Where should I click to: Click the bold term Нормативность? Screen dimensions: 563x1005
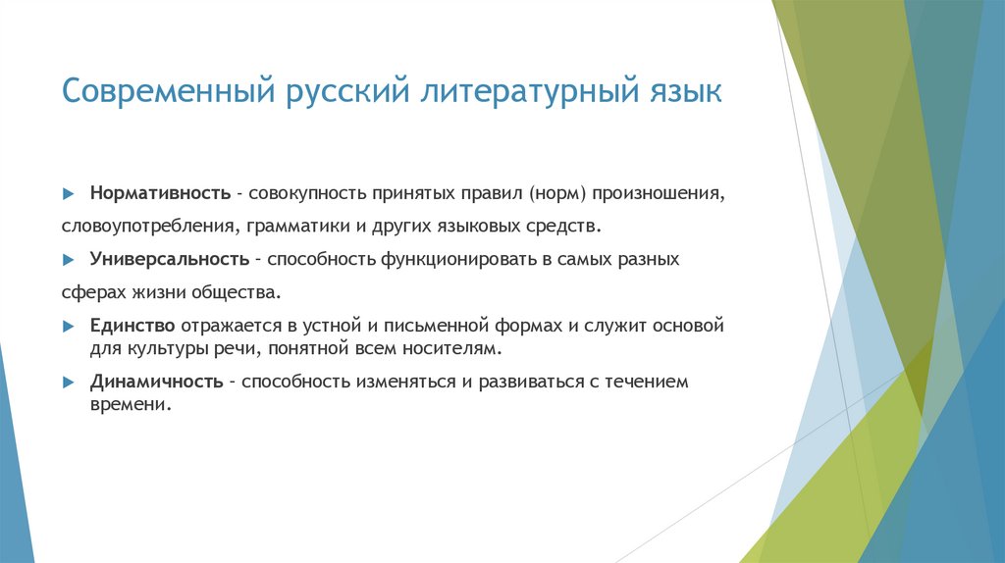click(160, 191)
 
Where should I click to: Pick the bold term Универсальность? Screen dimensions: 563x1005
click(168, 259)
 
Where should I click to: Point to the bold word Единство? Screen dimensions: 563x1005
click(132, 325)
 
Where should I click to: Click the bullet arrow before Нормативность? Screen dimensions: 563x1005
click(68, 192)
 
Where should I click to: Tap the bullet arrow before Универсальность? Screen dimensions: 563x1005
click(68, 260)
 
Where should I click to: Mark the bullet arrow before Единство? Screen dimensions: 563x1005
click(68, 326)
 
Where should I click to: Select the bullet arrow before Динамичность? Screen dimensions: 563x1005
click(68, 383)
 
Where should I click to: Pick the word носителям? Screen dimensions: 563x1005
click(459, 348)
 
